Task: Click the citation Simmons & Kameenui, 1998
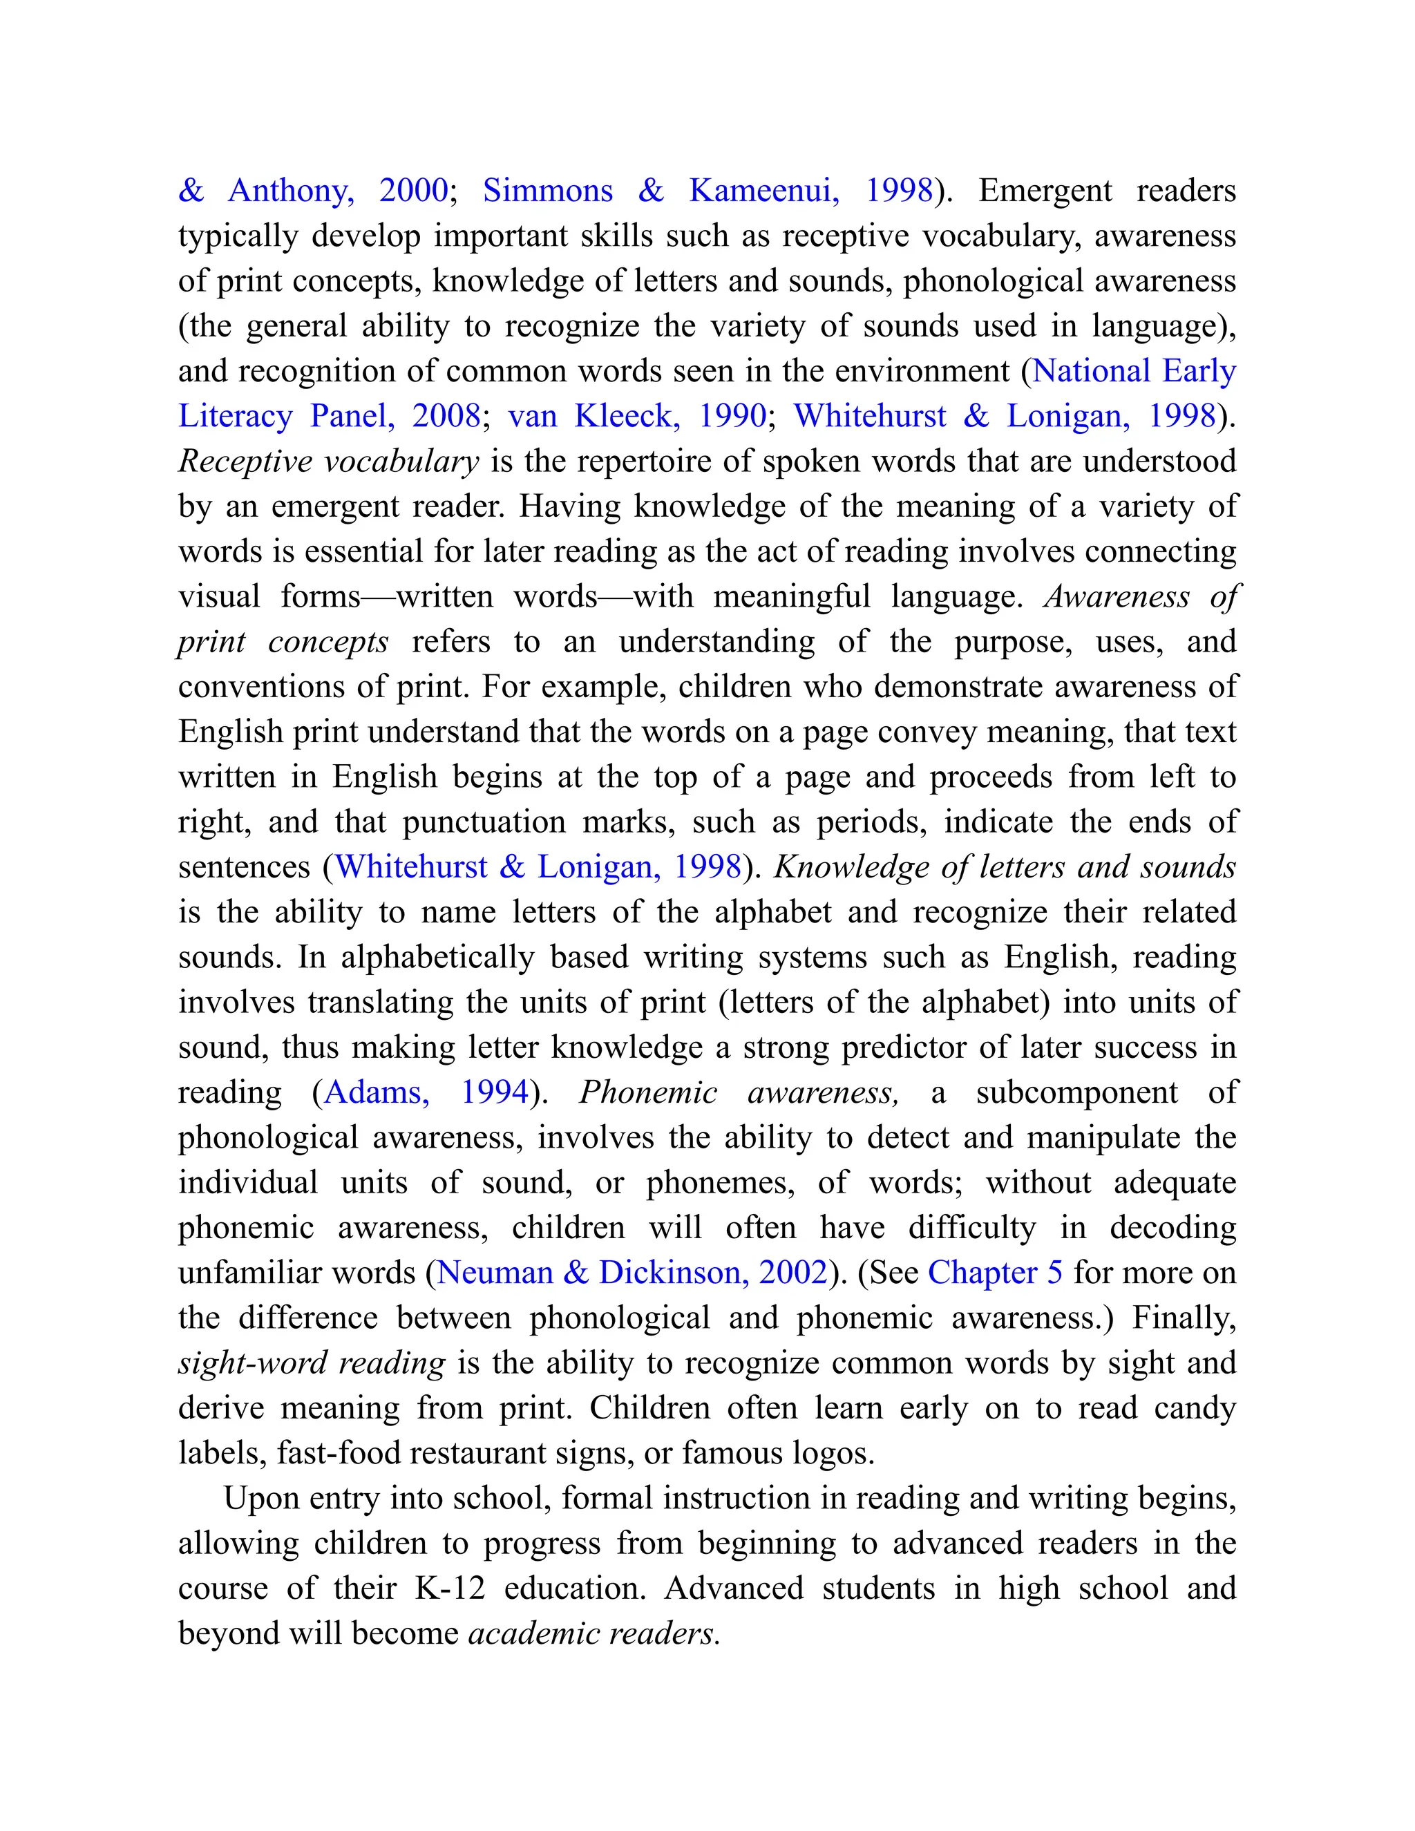pyautogui.click(x=707, y=191)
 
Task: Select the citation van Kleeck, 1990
pyautogui.click(x=637, y=417)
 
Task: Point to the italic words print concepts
pyautogui.click(x=283, y=642)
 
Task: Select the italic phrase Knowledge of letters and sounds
pyautogui.click(x=1004, y=867)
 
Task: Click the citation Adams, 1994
pyautogui.click(x=426, y=1092)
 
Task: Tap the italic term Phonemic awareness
pyautogui.click(x=738, y=1092)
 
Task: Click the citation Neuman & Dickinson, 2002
pyautogui.click(x=632, y=1273)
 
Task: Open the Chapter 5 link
pyautogui.click(x=995, y=1273)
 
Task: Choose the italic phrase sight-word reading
pyautogui.click(x=312, y=1363)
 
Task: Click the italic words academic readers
pyautogui.click(x=593, y=1633)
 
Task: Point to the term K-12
pyautogui.click(x=450, y=1588)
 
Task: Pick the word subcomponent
pyautogui.click(x=1076, y=1092)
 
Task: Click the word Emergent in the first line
pyautogui.click(x=1045, y=191)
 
